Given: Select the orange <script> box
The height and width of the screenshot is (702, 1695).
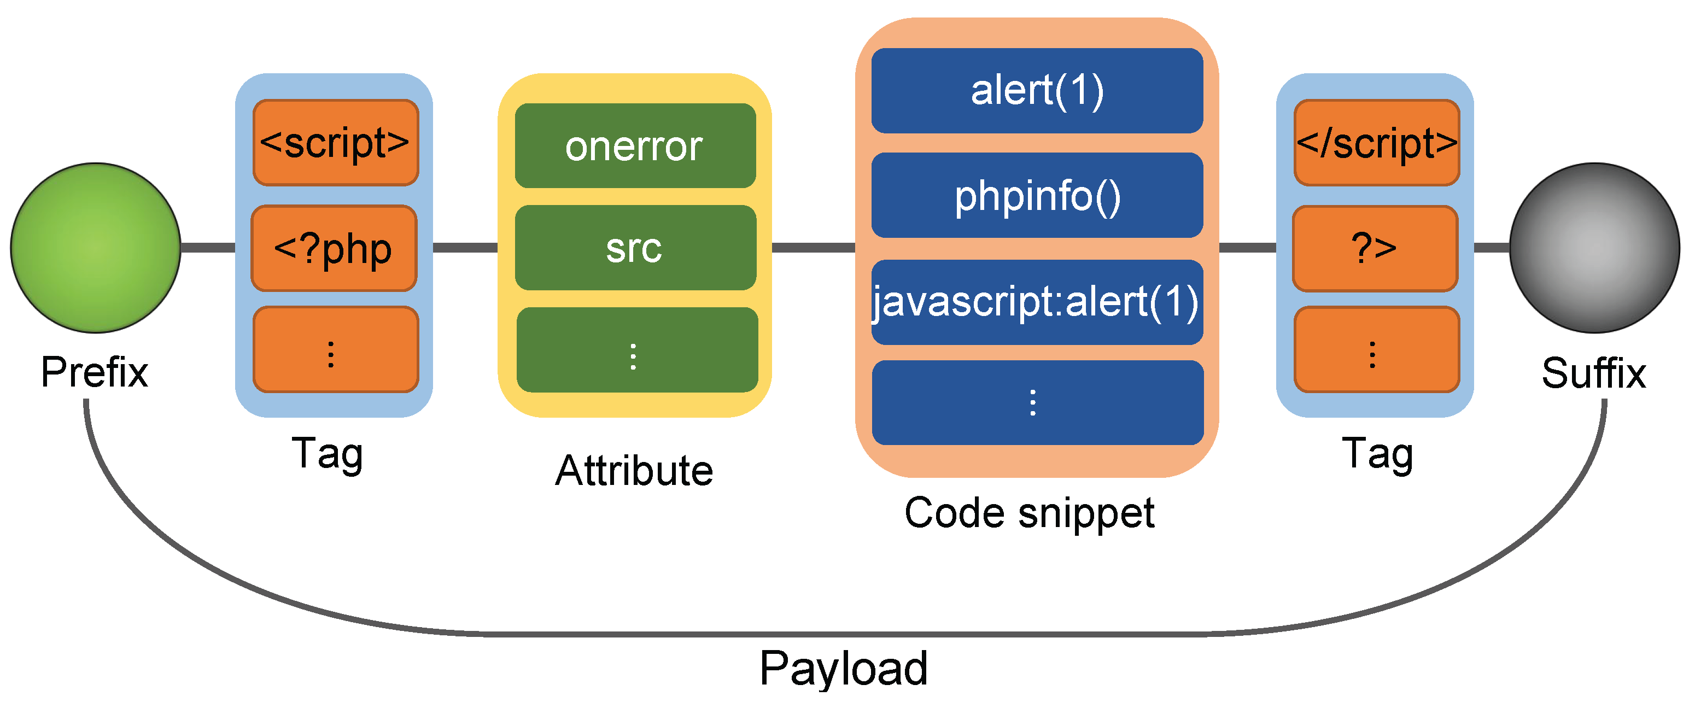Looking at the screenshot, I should click(x=336, y=143).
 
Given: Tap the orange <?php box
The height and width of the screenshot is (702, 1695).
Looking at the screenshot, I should click(x=334, y=248).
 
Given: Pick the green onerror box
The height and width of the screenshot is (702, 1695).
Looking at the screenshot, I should click(x=635, y=145).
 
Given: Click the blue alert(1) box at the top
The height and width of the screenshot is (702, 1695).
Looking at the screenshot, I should click(x=1037, y=91).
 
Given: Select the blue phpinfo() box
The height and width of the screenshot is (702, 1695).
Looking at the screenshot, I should click(x=1037, y=195).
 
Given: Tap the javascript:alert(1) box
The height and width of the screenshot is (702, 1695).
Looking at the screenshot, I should click(x=1037, y=302).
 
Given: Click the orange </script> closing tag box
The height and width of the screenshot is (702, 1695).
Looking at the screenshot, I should click(x=1377, y=143).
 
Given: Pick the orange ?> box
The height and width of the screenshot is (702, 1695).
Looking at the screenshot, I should click(x=1375, y=248).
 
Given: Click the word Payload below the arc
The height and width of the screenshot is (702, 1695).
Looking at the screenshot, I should click(x=843, y=668).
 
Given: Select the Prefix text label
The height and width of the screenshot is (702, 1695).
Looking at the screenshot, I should click(x=94, y=372).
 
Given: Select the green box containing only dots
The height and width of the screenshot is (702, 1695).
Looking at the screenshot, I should click(x=636, y=350).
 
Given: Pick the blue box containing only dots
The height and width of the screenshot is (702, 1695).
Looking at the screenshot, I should click(x=1037, y=402).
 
